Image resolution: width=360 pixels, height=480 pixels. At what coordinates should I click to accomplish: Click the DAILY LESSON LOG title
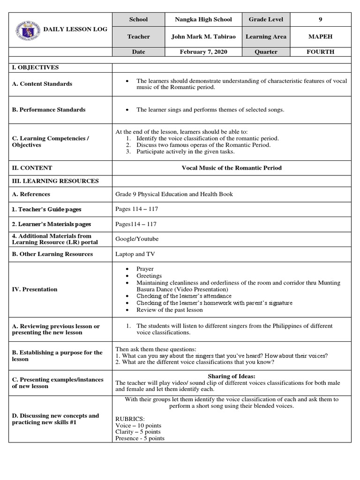pos(75,29)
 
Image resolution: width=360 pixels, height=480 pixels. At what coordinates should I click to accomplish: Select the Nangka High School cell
pos(203,20)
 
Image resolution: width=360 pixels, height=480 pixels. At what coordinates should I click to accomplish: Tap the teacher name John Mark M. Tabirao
pos(203,37)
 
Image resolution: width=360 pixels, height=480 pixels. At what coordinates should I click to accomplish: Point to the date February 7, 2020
pos(203,52)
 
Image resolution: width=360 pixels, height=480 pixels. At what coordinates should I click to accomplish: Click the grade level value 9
pos(321,20)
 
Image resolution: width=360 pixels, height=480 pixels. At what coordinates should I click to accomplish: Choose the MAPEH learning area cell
pos(321,37)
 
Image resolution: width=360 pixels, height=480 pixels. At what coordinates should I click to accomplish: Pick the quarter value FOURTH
pos(321,52)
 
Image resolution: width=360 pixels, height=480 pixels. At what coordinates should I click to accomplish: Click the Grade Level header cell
pos(266,20)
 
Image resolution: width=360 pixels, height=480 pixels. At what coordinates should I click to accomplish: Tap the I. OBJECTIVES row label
pos(35,67)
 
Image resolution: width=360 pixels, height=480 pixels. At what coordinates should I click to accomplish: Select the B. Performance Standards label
pos(48,110)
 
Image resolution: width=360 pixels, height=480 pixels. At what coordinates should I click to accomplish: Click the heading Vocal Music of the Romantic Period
pos(232,168)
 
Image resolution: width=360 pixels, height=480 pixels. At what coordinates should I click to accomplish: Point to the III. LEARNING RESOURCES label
pos(55,181)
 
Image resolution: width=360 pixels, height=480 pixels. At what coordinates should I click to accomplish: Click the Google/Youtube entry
pos(137,239)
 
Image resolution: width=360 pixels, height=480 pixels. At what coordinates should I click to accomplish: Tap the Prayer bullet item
pos(145,270)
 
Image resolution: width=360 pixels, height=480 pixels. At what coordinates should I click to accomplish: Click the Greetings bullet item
pos(149,276)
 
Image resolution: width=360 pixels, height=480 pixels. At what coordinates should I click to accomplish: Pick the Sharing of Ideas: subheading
pos(231,376)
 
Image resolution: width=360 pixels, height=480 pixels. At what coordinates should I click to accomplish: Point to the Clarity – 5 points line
pos(138,432)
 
